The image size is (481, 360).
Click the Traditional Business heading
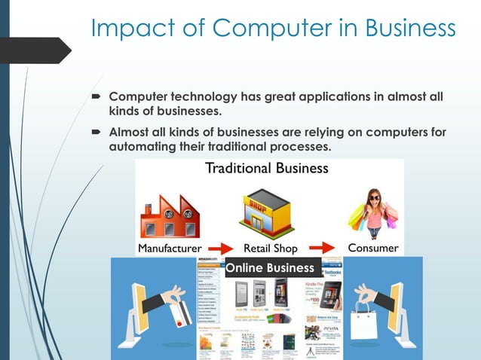point(267,167)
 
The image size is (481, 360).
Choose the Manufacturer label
point(170,248)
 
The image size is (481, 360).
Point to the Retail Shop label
point(270,248)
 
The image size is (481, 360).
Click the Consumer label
point(372,247)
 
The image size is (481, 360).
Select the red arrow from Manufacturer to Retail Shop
point(220,248)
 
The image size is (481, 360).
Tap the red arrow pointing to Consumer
point(320,248)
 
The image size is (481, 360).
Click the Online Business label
point(270,267)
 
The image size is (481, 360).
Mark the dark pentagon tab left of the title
point(45,50)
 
